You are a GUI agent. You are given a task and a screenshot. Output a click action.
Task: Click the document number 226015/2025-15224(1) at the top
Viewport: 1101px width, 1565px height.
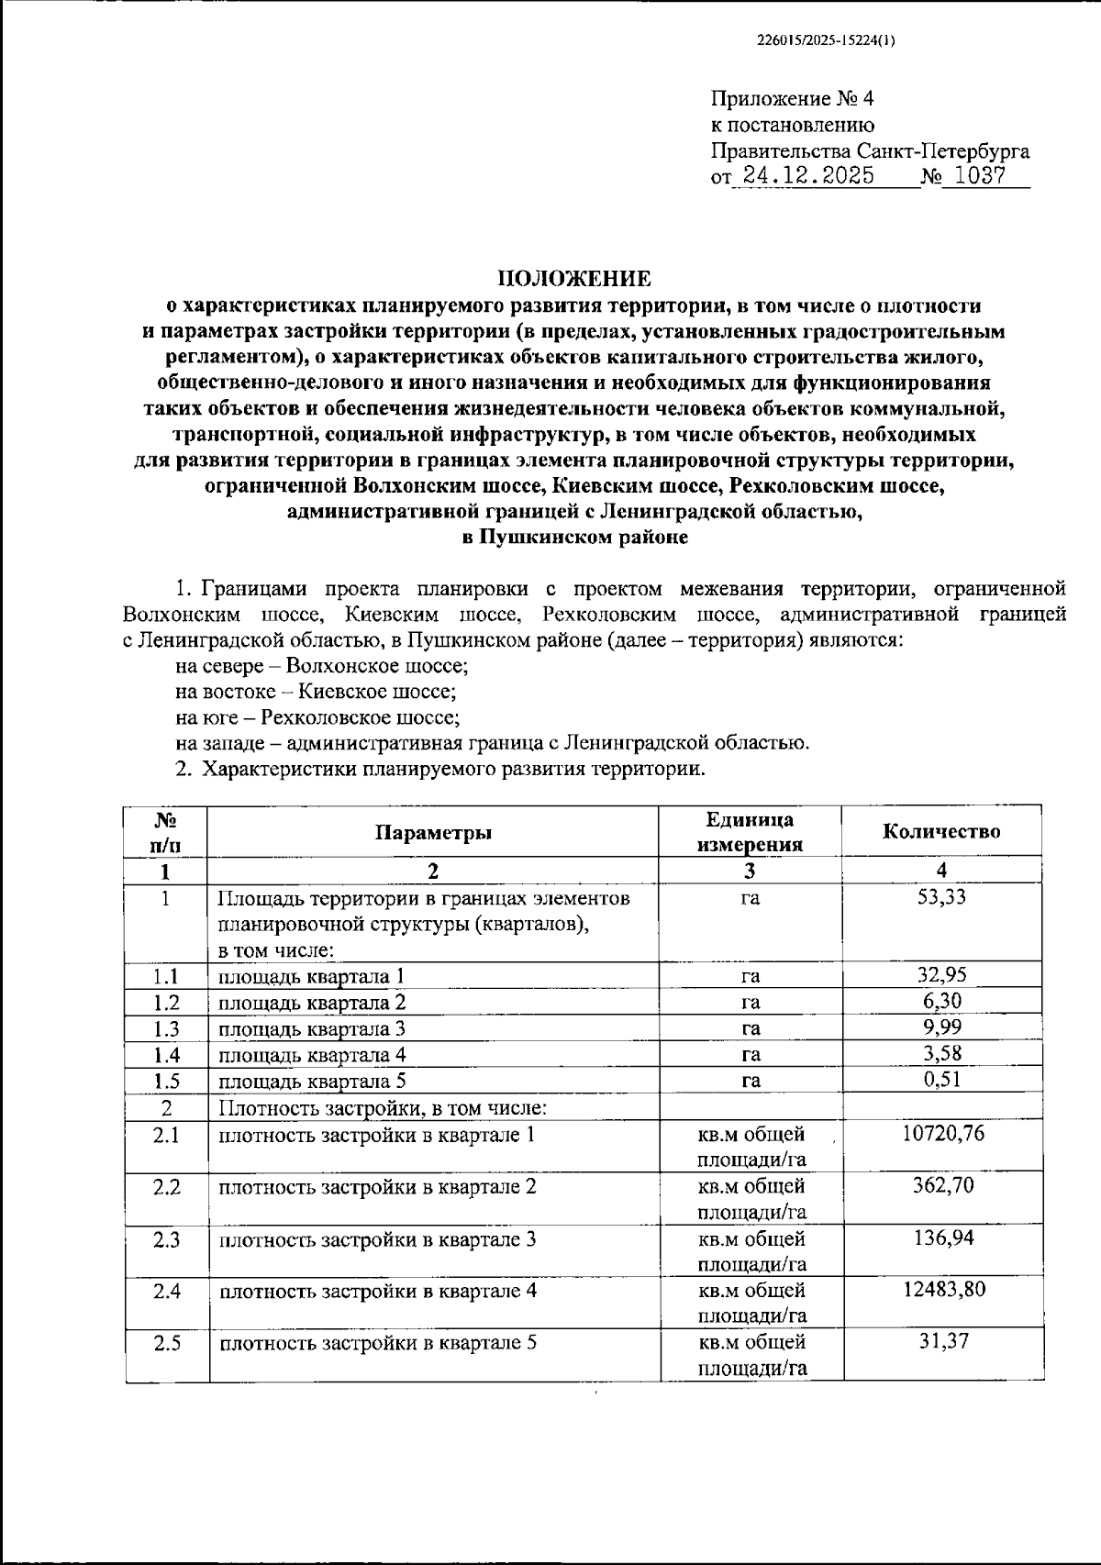point(826,40)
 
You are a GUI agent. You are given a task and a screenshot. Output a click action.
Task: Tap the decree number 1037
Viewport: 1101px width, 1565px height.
point(979,176)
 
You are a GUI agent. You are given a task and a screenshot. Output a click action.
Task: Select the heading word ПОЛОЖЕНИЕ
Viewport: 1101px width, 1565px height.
point(574,278)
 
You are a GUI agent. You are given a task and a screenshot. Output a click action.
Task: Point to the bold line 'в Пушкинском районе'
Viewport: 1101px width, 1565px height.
point(574,538)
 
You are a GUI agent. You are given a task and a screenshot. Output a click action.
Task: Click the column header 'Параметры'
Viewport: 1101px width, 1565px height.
point(433,832)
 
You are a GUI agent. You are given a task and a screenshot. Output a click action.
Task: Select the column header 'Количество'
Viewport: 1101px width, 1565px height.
point(941,831)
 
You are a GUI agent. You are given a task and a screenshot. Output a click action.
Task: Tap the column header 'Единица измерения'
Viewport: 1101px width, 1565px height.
point(751,832)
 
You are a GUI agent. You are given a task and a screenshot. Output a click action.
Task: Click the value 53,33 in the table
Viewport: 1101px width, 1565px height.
point(941,897)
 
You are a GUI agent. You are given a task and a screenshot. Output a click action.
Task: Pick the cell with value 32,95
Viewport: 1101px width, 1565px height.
point(941,974)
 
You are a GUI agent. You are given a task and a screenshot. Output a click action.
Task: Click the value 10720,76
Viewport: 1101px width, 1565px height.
point(942,1133)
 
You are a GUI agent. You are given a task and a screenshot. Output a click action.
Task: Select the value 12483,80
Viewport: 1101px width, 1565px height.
point(942,1289)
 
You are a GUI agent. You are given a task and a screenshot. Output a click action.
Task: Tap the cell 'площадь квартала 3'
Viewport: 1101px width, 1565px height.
point(312,1028)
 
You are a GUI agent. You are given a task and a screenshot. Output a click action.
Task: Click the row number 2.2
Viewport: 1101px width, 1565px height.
point(167,1187)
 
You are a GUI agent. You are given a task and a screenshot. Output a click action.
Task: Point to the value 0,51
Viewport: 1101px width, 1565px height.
point(942,1079)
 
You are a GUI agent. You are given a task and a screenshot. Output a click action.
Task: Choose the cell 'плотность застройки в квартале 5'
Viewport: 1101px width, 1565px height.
point(377,1343)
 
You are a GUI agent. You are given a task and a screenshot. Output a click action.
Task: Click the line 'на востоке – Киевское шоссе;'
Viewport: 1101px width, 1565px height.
point(317,692)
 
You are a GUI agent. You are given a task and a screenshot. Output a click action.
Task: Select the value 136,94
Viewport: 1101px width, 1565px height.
point(943,1238)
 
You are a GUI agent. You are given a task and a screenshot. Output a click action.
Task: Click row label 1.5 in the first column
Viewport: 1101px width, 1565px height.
point(167,1081)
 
